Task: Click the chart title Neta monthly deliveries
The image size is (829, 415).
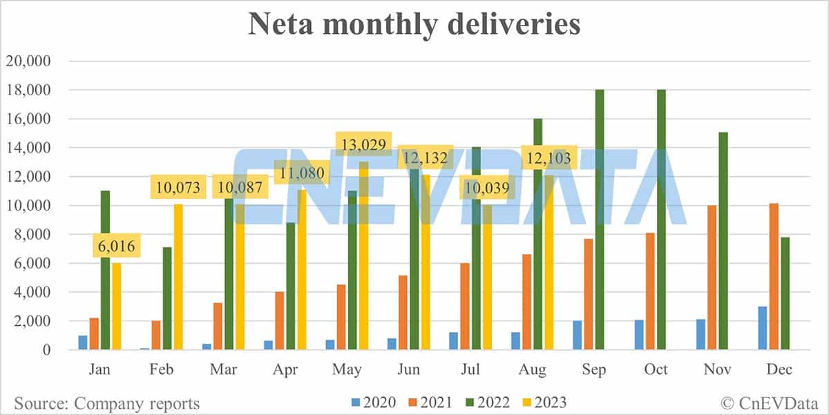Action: [x=414, y=25]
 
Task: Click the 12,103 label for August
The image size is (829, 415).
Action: [x=549, y=158]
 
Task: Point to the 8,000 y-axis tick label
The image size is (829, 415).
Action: [x=31, y=235]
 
